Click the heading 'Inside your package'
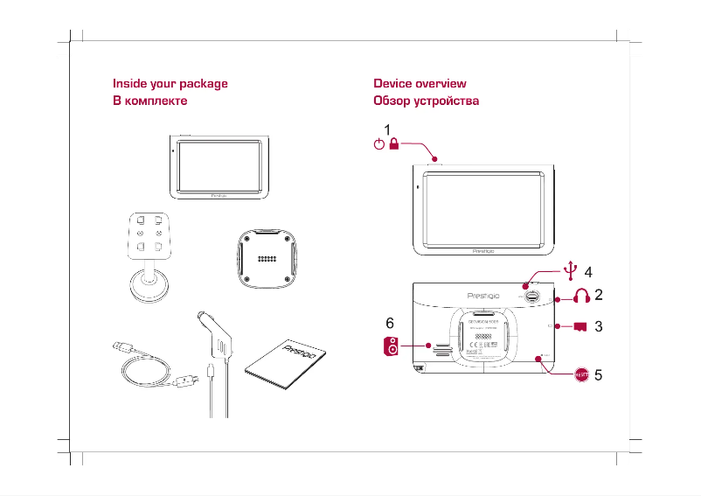[x=170, y=84]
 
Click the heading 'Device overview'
[x=420, y=84]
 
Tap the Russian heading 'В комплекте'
[x=150, y=101]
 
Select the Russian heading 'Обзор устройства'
[x=426, y=101]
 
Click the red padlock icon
[x=394, y=145]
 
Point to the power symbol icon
[x=378, y=145]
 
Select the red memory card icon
[x=579, y=328]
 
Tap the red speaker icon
[x=392, y=347]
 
